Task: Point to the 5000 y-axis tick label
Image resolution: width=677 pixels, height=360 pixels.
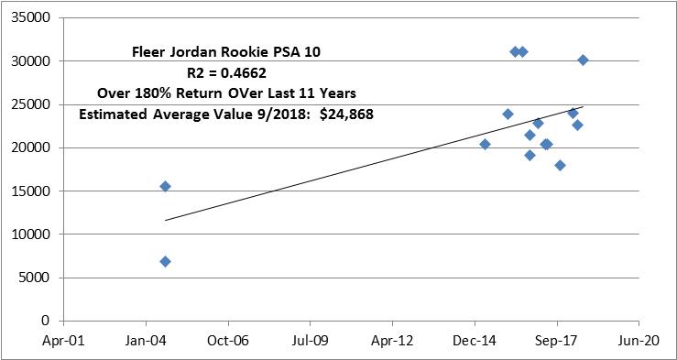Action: tap(39, 278)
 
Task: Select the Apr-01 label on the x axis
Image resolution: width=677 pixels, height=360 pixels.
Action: tap(63, 341)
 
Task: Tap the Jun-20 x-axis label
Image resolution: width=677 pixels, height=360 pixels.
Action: tap(639, 341)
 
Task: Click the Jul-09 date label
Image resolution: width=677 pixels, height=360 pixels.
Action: tap(310, 341)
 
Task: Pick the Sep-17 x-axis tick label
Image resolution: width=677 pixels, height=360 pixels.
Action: tap(557, 341)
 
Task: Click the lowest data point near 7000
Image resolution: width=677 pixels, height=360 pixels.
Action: tap(165, 262)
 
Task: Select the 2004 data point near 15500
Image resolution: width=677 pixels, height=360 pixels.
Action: tap(165, 187)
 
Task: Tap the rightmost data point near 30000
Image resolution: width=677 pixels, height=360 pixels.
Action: tap(583, 60)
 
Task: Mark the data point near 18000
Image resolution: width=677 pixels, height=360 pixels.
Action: tap(560, 165)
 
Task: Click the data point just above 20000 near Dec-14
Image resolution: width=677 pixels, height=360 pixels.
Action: tap(485, 144)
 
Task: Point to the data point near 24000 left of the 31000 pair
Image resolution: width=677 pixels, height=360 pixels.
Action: tap(508, 114)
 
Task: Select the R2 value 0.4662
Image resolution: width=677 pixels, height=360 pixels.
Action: tap(244, 73)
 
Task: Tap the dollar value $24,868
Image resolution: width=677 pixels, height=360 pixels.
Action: tap(346, 115)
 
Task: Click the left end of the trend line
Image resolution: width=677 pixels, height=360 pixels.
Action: tap(165, 220)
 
